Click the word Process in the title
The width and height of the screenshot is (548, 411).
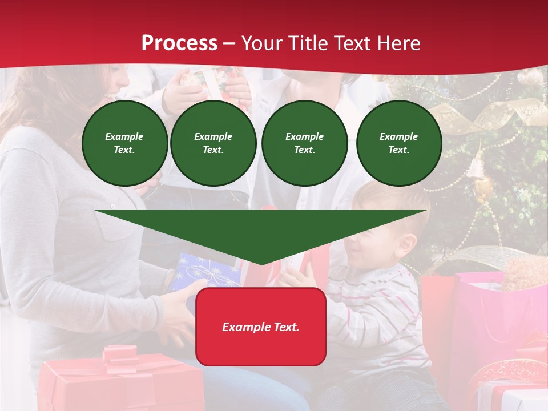[x=179, y=43]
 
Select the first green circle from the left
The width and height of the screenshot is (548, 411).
[x=125, y=143]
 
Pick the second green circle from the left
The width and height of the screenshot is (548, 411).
[x=213, y=143]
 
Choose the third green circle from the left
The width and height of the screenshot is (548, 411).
[x=305, y=143]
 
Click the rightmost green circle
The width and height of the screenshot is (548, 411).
[x=399, y=143]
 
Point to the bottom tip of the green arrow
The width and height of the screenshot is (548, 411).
[x=261, y=264]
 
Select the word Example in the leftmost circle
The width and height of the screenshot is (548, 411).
[x=124, y=136]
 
